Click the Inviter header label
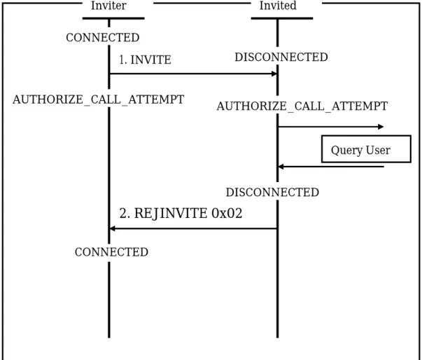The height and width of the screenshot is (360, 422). pyautogui.click(x=108, y=6)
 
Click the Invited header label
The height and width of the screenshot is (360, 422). pyautogui.click(x=278, y=6)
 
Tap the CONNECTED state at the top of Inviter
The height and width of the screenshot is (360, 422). pyautogui.click(x=103, y=37)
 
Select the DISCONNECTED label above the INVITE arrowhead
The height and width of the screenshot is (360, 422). pyautogui.click(x=281, y=57)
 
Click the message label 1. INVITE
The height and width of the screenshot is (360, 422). pyautogui.click(x=145, y=60)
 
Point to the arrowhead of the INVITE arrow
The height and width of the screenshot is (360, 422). pyautogui.click(x=274, y=74)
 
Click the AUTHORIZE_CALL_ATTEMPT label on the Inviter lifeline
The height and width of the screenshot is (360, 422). pyautogui.click(x=98, y=99)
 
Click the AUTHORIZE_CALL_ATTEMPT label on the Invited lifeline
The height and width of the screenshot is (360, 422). pyautogui.click(x=302, y=106)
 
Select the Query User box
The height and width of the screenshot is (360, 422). pyautogui.click(x=366, y=149)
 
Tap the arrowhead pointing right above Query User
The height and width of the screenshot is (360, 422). pyautogui.click(x=381, y=127)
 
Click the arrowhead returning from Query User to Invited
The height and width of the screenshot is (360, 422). pyautogui.click(x=281, y=167)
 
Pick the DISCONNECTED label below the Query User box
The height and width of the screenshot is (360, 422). pyautogui.click(x=272, y=192)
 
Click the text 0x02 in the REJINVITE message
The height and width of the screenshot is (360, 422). pyautogui.click(x=227, y=213)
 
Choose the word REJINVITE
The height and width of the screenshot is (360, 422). pyautogui.click(x=171, y=214)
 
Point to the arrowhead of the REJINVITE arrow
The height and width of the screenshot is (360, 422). pyautogui.click(x=113, y=228)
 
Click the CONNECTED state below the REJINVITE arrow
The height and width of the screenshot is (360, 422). pyautogui.click(x=111, y=252)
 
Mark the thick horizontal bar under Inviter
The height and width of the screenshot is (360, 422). pyautogui.click(x=113, y=18)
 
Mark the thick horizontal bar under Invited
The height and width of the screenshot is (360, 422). pyautogui.click(x=282, y=18)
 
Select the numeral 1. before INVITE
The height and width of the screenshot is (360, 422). pyautogui.click(x=123, y=60)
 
